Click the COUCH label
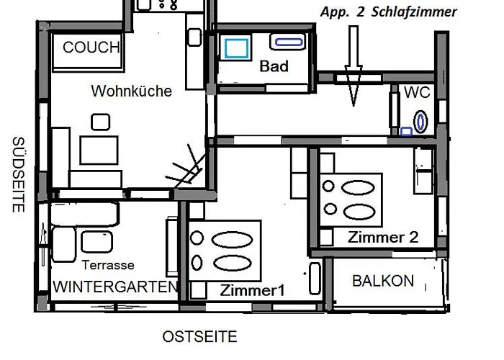pyautogui.click(x=91, y=48)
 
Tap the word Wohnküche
pyautogui.click(x=131, y=91)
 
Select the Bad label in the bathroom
pyautogui.click(x=274, y=67)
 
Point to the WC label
pyautogui.click(x=417, y=93)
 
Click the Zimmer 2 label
pyautogui.click(x=382, y=238)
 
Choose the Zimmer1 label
pyautogui.click(x=253, y=291)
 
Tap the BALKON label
pyautogui.click(x=383, y=281)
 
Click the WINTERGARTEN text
pyautogui.click(x=114, y=287)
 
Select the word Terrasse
pyautogui.click(x=108, y=265)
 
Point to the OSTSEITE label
pyautogui.click(x=199, y=337)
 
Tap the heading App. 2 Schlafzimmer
pyautogui.click(x=389, y=12)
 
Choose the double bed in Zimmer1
pyautogui.click(x=225, y=252)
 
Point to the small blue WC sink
pyautogui.click(x=407, y=132)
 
